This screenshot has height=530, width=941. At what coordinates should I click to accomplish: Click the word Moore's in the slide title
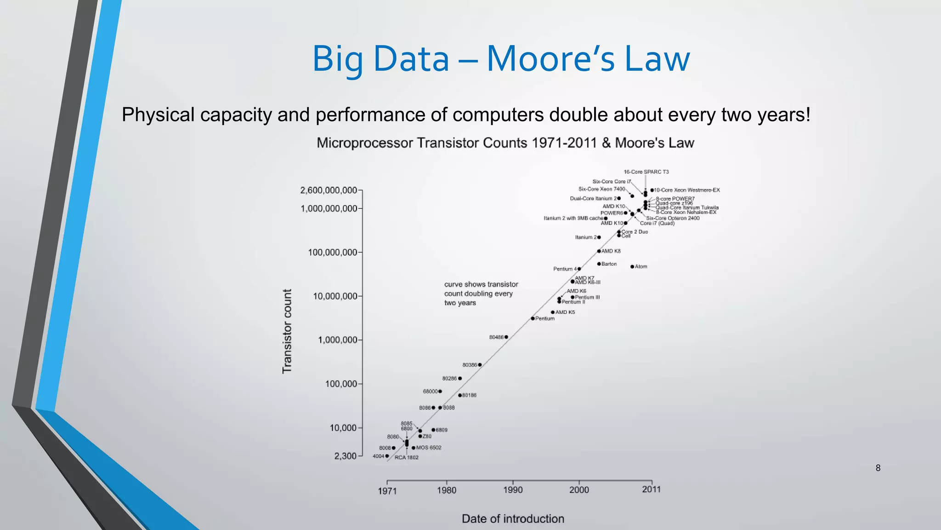(x=550, y=59)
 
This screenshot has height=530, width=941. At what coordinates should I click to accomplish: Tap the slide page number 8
(x=878, y=468)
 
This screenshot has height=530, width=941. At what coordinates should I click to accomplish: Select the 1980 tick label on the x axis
(x=447, y=490)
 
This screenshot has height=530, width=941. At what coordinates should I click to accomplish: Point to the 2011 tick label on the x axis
(x=651, y=489)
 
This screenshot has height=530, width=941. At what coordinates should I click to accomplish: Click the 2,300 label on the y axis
(x=346, y=456)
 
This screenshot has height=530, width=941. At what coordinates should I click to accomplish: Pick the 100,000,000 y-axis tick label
(x=332, y=252)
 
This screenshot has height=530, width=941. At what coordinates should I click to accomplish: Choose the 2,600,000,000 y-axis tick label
(x=329, y=190)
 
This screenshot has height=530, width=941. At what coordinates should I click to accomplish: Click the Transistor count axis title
(x=287, y=331)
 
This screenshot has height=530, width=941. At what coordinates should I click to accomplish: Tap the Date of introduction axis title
(x=513, y=518)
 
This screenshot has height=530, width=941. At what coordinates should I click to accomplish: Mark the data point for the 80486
(x=506, y=337)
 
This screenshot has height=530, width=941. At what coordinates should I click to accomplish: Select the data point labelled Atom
(x=632, y=267)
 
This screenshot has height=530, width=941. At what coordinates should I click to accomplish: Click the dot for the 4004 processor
(x=387, y=456)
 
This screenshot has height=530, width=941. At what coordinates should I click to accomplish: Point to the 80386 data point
(x=480, y=365)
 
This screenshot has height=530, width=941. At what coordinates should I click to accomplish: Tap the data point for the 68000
(x=440, y=392)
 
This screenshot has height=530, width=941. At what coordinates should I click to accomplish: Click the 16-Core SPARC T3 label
(x=646, y=172)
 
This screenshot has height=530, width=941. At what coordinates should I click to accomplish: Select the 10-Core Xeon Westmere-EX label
(x=687, y=190)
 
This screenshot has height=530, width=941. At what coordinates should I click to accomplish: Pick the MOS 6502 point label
(x=428, y=448)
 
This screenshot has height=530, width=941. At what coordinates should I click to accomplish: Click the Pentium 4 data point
(x=579, y=269)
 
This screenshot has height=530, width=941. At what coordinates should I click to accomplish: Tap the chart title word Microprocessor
(x=365, y=143)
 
